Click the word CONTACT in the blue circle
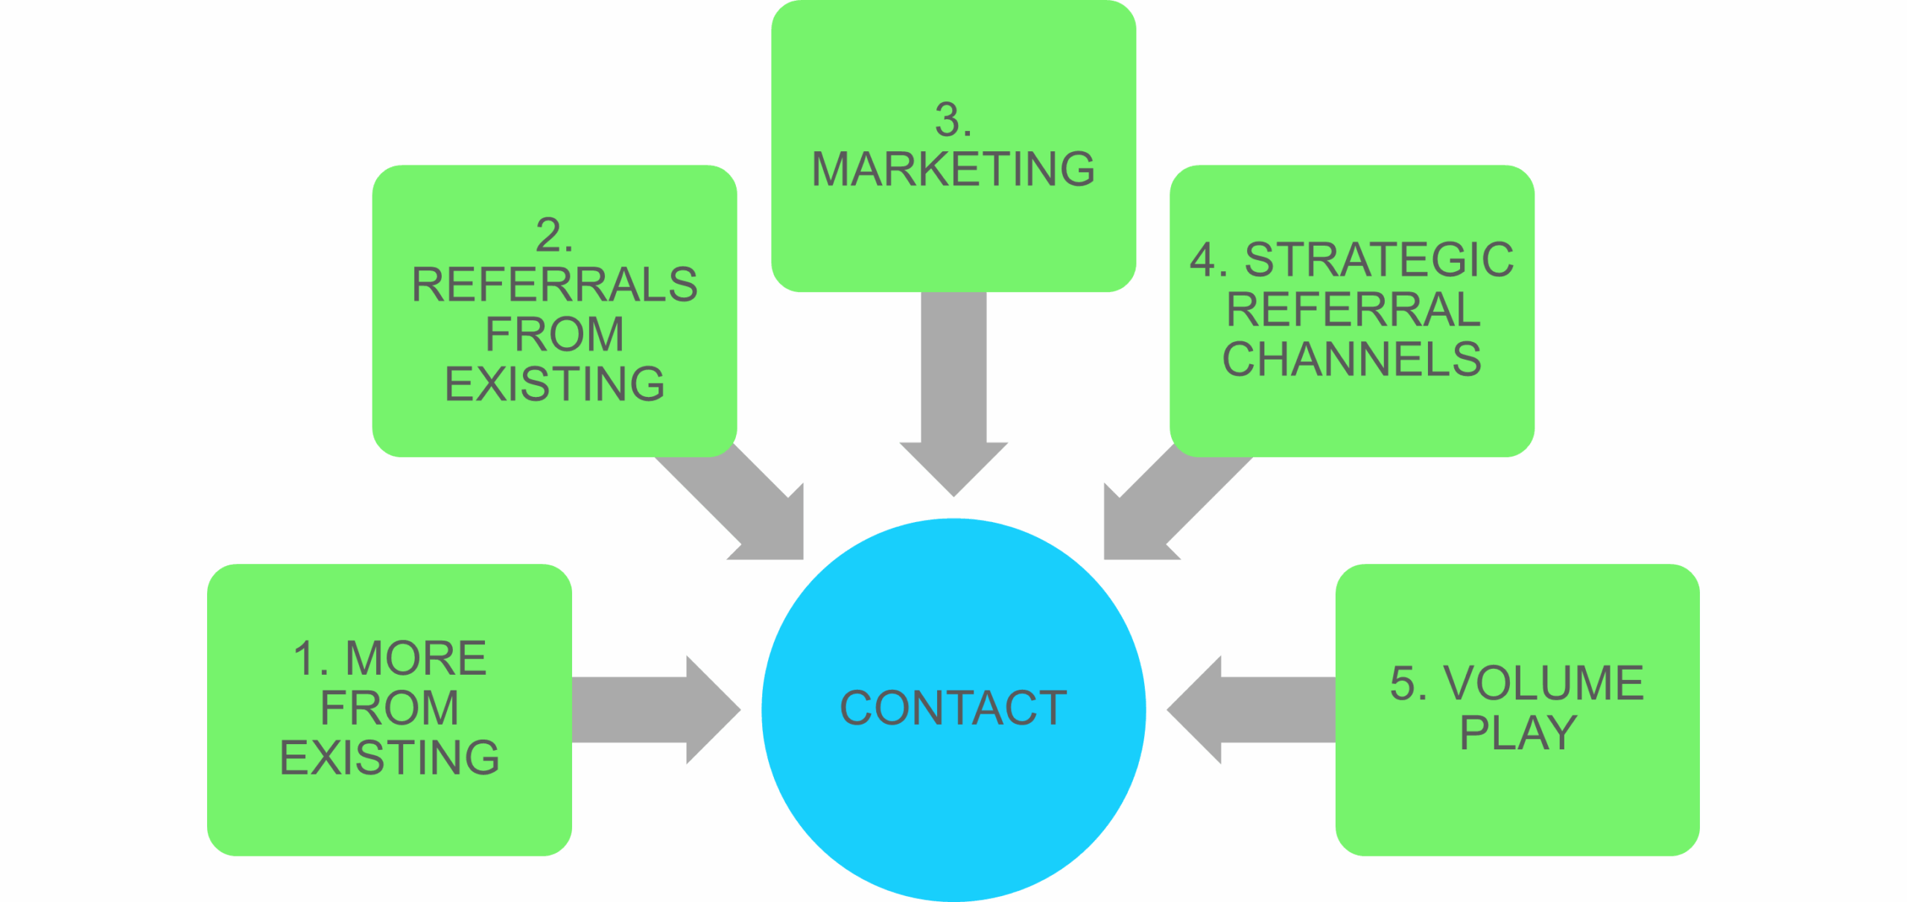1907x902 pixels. (953, 708)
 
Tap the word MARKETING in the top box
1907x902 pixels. (953, 169)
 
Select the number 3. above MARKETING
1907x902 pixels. (953, 120)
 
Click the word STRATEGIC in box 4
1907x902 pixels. (1379, 260)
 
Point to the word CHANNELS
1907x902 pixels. (1351, 359)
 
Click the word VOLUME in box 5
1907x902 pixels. (1543, 683)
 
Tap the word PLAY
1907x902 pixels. (1517, 733)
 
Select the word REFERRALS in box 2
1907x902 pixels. (554, 285)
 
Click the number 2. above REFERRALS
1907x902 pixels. (553, 235)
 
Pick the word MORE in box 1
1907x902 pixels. (416, 658)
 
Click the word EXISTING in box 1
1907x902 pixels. (389, 758)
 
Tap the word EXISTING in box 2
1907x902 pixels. (554, 384)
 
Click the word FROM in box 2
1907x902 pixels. (554, 334)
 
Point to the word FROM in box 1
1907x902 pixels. (389, 708)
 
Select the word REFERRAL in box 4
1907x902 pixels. (1353, 310)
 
